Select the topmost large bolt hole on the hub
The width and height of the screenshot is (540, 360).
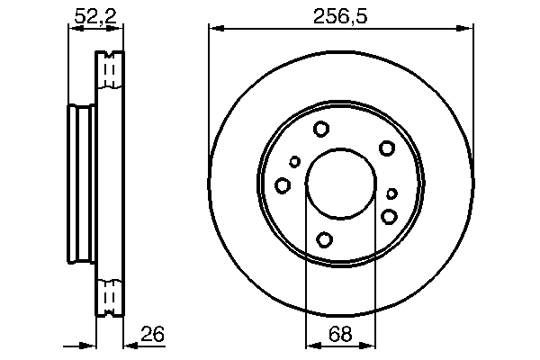(321, 130)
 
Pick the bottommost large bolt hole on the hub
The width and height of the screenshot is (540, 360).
(325, 239)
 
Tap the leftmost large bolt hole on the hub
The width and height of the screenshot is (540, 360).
(283, 185)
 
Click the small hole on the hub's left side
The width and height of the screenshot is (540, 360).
(295, 162)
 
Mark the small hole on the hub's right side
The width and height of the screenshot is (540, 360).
(391, 193)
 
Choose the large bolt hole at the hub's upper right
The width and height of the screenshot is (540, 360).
(387, 148)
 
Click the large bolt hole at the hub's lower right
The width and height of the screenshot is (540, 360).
(390, 216)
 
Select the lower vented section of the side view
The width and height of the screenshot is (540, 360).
(110, 296)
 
